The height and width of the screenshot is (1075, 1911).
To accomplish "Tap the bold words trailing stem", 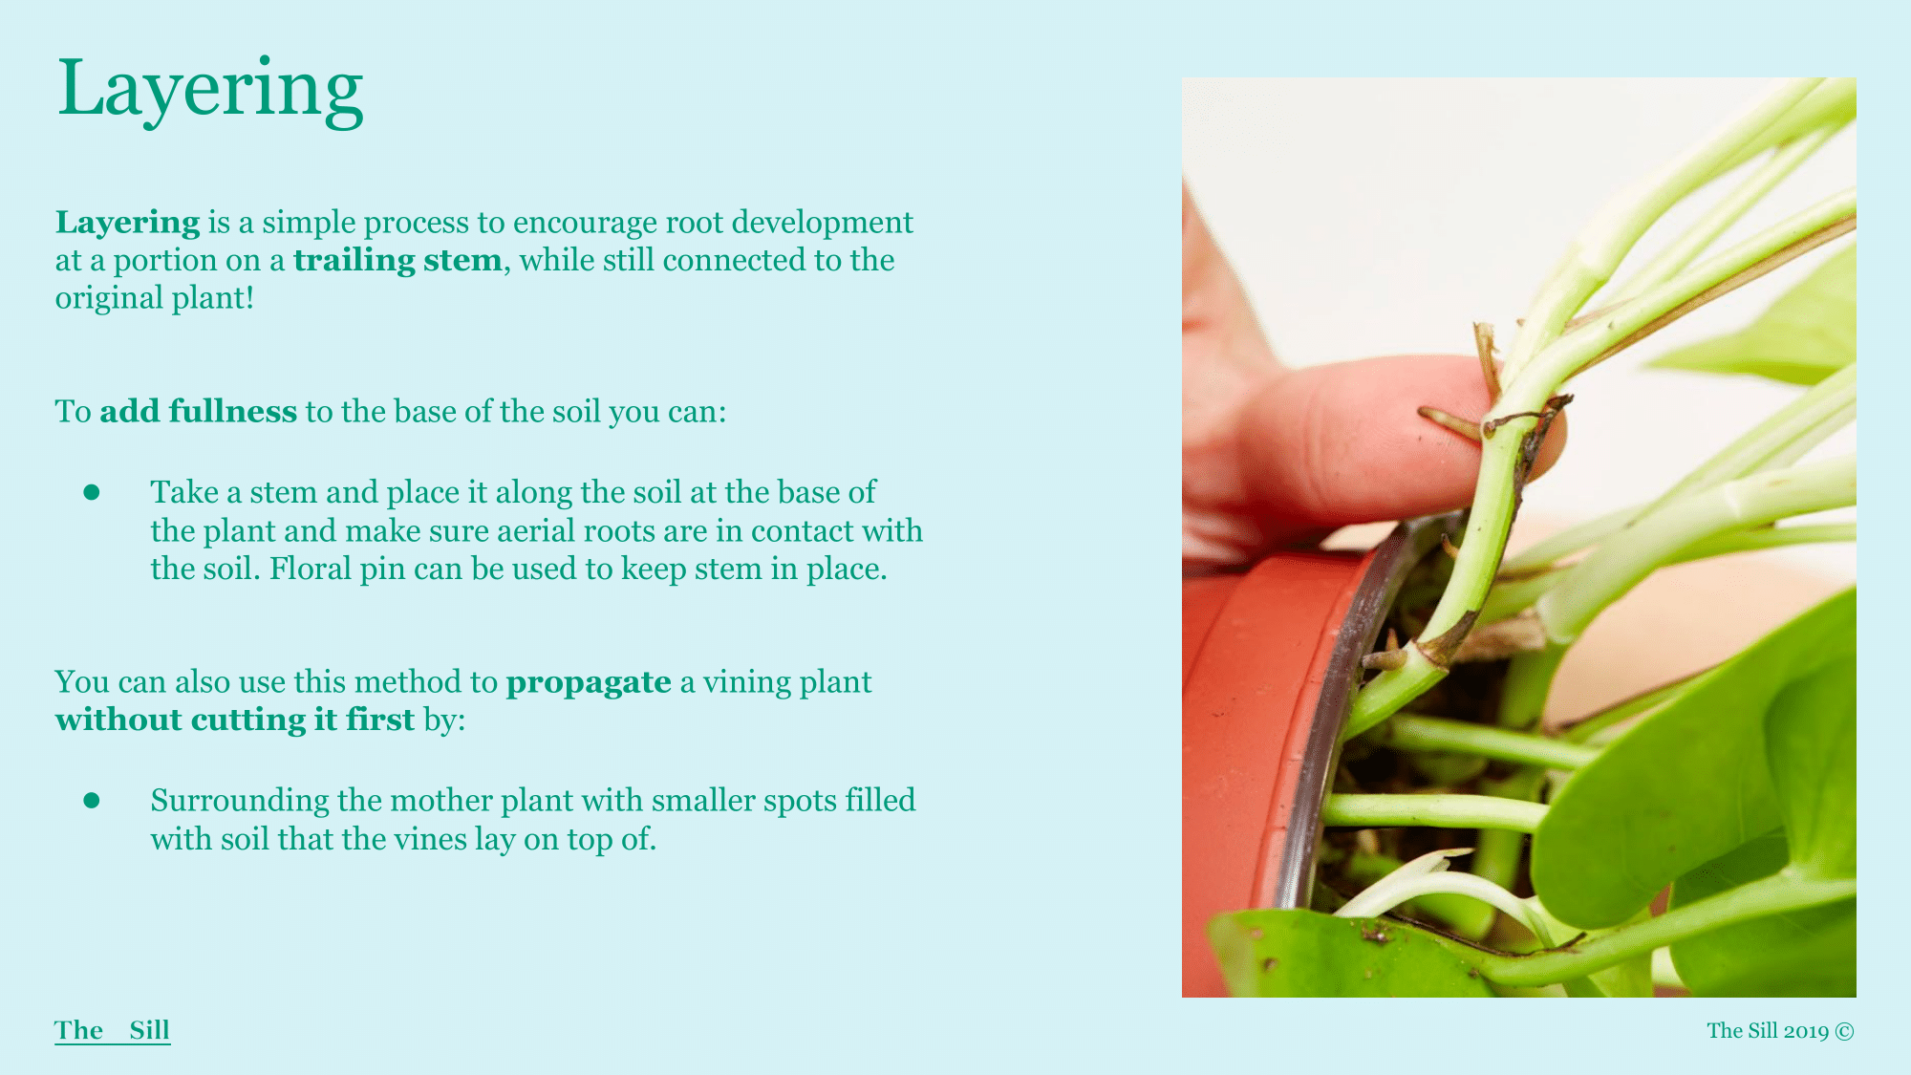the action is point(397,260).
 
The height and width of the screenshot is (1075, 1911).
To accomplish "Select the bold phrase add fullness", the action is point(199,411).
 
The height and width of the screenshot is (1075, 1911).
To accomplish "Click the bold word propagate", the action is point(589,683).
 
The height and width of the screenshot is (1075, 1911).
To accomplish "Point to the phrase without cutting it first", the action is point(235,720).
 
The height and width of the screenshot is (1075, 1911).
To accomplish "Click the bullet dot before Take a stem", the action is point(92,492).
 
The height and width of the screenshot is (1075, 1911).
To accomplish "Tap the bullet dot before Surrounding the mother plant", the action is point(92,801).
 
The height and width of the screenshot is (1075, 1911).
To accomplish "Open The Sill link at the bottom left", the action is point(113,1030).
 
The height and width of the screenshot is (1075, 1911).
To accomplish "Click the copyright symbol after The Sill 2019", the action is point(1845,1031).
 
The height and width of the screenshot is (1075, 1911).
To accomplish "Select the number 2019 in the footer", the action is point(1806,1031).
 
